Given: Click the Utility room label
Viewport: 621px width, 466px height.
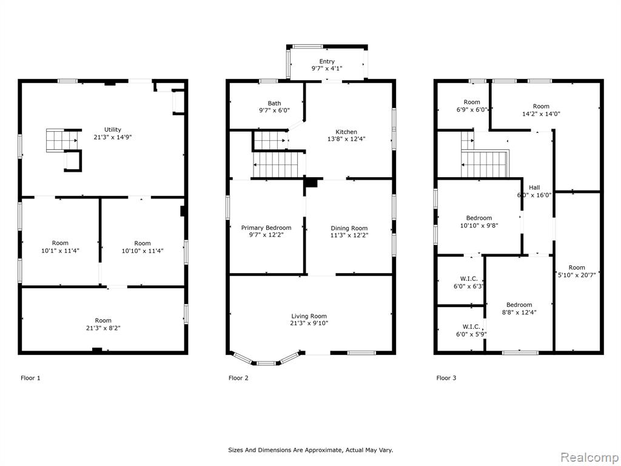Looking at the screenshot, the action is click(x=112, y=130).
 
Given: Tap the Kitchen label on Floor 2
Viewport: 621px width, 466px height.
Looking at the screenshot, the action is click(x=346, y=132).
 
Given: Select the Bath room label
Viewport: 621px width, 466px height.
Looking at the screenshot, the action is click(x=274, y=103).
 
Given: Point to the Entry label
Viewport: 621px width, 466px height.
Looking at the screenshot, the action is click(x=327, y=61).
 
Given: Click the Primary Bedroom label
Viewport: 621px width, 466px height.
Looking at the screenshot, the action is click(x=266, y=228).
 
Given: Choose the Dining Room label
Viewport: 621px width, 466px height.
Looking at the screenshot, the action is click(x=349, y=228).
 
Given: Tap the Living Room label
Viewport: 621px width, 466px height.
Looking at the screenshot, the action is click(x=309, y=316).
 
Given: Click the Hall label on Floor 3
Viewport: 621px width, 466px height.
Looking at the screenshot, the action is click(x=534, y=188).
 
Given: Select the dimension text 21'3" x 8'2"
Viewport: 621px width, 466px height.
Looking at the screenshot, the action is click(x=103, y=328).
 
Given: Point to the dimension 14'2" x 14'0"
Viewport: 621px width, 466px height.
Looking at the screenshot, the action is click(x=541, y=113).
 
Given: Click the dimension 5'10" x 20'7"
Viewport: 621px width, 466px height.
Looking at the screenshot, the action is click(x=577, y=275).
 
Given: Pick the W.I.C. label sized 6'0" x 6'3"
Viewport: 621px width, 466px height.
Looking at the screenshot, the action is click(x=469, y=279).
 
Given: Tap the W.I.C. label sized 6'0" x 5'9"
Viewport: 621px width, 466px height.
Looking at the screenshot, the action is click(x=471, y=326).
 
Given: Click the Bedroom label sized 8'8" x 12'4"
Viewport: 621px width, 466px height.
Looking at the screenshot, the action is click(x=519, y=305).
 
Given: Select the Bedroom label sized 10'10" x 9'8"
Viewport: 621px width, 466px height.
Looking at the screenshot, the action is click(x=479, y=218).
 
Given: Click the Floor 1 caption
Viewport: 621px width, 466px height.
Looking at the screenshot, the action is click(x=30, y=378).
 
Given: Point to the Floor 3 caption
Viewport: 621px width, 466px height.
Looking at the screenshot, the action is click(x=446, y=378).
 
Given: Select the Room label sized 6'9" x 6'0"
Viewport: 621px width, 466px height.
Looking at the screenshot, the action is click(x=472, y=102).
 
